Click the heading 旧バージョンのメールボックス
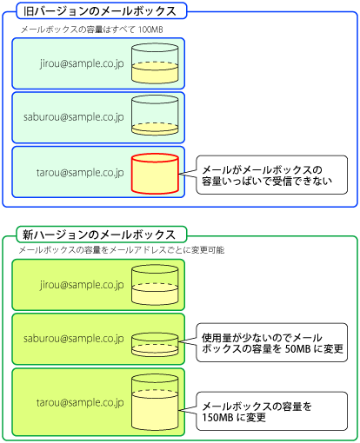coord(100,11)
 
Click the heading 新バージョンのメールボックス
coord(99,235)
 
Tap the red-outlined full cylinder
coord(155,174)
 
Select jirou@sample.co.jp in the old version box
coord(82,63)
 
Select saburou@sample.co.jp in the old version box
coord(74,117)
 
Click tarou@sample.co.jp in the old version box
coord(80,173)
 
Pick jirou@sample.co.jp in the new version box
coord(82,285)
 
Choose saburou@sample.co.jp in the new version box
coord(74,339)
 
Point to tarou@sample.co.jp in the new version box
coord(80,402)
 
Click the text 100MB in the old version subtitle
coord(150,30)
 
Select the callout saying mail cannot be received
coord(271,175)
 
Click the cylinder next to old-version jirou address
coord(155,63)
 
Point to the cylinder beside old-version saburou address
coord(155,116)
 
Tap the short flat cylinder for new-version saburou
coord(155,345)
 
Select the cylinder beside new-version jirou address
coord(155,285)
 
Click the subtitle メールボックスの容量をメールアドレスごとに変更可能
coord(122,250)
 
